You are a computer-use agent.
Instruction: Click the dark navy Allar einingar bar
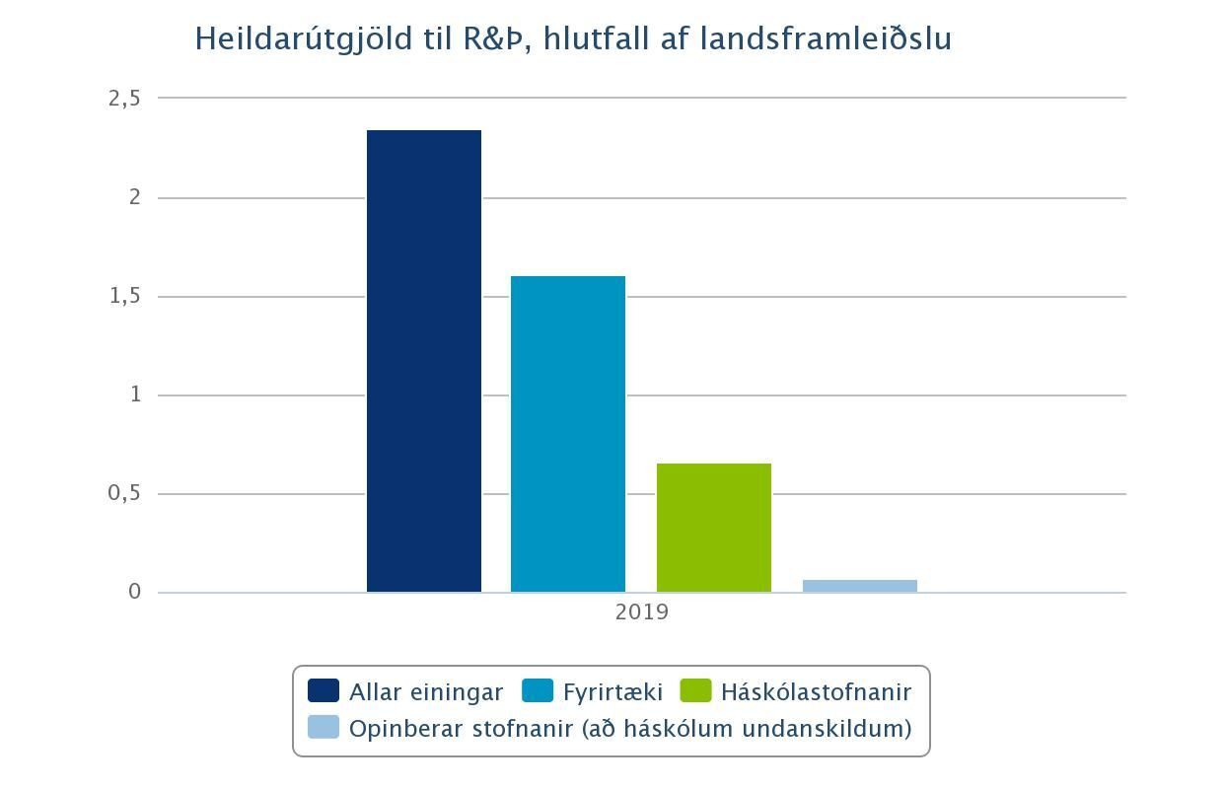424,361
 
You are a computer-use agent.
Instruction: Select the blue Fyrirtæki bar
568,434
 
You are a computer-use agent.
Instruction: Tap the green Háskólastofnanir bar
714,528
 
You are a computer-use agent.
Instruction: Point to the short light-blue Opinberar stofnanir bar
860,586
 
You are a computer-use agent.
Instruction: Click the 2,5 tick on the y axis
125,99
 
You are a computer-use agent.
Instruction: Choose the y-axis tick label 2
136,197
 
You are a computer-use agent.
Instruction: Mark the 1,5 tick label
125,296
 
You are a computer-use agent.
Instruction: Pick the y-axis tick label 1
136,394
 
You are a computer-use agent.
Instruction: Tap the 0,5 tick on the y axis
125,493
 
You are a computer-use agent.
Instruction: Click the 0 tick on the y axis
135,592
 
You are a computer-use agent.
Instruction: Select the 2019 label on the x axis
641,612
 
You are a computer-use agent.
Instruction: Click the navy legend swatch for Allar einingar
324,691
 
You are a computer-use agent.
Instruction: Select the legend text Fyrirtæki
612,692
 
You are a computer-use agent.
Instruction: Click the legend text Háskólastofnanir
816,692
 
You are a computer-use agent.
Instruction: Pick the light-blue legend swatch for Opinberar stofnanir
324,728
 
